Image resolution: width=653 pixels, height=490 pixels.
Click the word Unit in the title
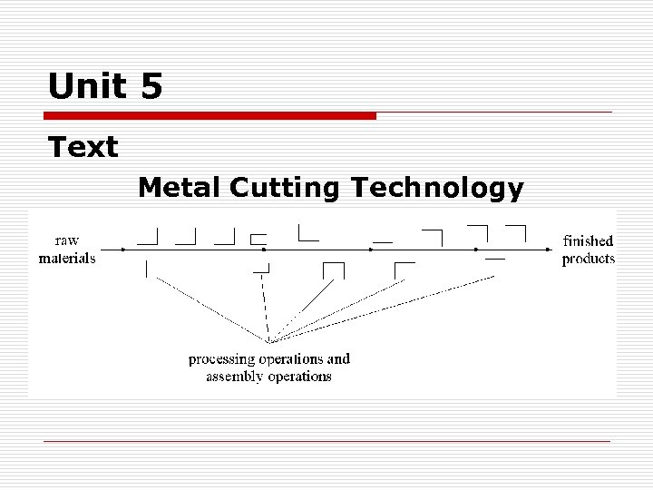coord(88,87)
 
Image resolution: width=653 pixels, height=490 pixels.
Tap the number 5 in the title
coord(151,87)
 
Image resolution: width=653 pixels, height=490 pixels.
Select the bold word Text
coord(83,147)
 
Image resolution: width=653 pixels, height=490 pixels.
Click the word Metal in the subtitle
coord(179,188)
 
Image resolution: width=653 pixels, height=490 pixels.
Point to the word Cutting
coord(285,188)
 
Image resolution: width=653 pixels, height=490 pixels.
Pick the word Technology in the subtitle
coord(436,188)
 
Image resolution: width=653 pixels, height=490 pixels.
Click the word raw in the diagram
coord(67,240)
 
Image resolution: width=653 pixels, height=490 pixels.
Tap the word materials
coord(67,258)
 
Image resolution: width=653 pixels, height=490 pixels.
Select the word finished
coord(588,240)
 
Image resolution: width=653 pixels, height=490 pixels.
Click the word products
coord(588,259)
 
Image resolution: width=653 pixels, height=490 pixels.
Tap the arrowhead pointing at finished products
coord(548,248)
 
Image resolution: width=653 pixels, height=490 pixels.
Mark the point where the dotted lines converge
coord(268,341)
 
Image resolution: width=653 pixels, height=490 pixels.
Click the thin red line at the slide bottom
coord(326,441)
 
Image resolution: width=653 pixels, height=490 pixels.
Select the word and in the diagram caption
coord(338,358)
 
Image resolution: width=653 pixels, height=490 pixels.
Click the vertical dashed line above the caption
coord(265,304)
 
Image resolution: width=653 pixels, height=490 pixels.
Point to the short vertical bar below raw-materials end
coord(146,269)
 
